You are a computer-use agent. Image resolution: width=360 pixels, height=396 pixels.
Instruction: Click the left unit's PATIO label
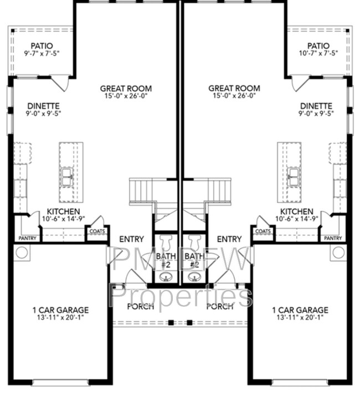tap(42, 46)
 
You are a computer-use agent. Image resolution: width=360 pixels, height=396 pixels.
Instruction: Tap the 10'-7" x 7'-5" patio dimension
tap(318, 53)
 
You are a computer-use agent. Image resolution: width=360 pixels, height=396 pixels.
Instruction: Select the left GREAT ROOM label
tap(126, 89)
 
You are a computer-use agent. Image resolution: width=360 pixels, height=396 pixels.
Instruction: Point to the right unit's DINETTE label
tap(316, 106)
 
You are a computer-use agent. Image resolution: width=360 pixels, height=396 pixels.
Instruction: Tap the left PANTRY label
tap(28, 238)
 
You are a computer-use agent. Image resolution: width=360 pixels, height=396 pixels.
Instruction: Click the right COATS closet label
tap(263, 231)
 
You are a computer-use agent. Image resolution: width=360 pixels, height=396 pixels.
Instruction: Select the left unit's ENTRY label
tap(131, 239)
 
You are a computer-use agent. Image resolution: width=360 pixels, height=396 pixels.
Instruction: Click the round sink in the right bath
tap(194, 277)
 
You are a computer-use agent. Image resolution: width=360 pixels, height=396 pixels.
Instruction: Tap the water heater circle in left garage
tap(22, 253)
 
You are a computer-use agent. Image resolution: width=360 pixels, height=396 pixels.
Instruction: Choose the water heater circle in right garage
tap(338, 253)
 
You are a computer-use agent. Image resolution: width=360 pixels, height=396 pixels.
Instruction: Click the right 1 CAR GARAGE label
tap(300, 310)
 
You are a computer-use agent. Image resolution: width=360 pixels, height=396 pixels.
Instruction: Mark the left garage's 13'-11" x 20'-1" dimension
tap(60, 317)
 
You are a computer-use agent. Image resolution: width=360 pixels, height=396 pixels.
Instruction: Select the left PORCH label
tap(141, 306)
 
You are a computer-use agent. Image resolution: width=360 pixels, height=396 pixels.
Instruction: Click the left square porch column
tap(171, 322)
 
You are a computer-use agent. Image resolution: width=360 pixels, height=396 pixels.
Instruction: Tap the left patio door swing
tap(60, 83)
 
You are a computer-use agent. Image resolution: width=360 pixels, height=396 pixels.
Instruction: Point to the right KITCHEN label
tap(297, 212)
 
